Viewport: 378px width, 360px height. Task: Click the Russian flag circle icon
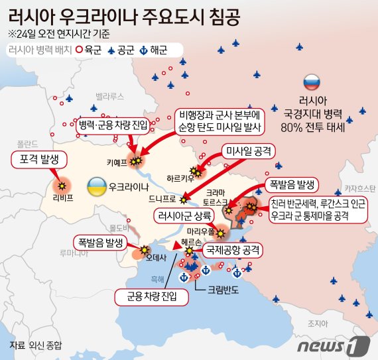(311, 83)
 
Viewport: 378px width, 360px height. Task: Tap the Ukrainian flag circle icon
(96, 185)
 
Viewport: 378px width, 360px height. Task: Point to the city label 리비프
(62, 198)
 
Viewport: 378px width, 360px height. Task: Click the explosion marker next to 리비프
(63, 186)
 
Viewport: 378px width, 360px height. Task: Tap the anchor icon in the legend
(145, 50)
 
